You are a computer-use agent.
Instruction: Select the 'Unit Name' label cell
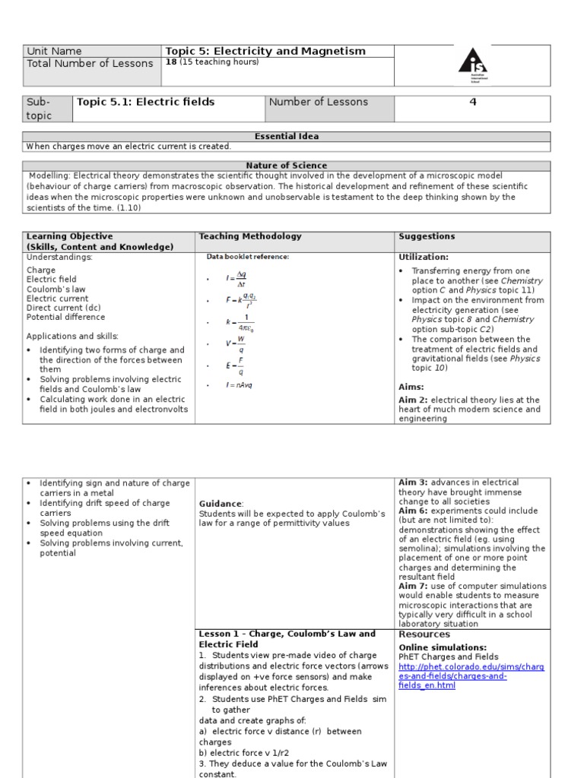[54, 52]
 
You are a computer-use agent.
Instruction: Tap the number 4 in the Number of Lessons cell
[472, 103]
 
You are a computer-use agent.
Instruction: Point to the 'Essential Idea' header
[286, 137]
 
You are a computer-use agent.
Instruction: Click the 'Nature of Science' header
[286, 166]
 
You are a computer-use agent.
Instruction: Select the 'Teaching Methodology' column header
[250, 237]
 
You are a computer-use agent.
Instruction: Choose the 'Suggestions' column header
[427, 237]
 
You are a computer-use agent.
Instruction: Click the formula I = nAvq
[239, 385]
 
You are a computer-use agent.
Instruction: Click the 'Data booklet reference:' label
[248, 257]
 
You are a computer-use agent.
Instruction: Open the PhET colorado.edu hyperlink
[471, 676]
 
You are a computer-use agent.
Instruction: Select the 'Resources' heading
[424, 634]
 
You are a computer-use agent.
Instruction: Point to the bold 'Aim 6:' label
[414, 511]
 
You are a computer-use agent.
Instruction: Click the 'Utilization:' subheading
[424, 258]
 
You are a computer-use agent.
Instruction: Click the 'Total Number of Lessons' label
[90, 64]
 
